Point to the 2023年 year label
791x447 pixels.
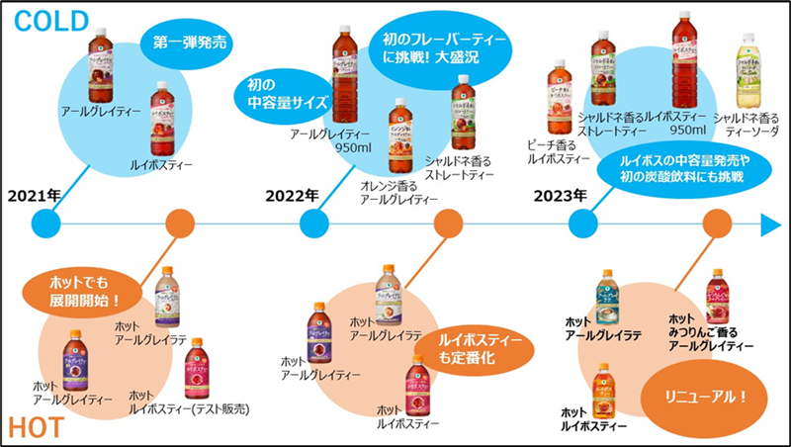click(561, 195)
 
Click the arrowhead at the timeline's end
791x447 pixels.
click(772, 224)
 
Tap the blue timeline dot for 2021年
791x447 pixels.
click(45, 224)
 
